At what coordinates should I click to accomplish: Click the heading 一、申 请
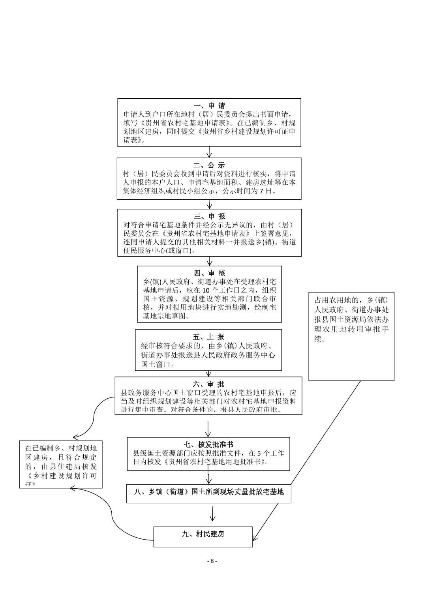[209, 106]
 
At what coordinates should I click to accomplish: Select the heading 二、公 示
[209, 165]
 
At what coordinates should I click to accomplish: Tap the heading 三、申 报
[209, 216]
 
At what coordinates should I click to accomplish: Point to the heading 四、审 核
[209, 273]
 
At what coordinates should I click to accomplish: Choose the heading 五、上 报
[208, 337]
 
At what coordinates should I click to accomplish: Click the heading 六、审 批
[208, 384]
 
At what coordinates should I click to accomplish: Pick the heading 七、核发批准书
[208, 444]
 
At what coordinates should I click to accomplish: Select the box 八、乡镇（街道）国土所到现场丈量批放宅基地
[208, 493]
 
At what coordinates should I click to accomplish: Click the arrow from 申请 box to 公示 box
[209, 152]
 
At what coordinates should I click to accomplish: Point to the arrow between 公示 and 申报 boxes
[209, 204]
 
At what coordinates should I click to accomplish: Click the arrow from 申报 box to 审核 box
[210, 261]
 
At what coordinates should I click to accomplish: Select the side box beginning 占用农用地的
[351, 336]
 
